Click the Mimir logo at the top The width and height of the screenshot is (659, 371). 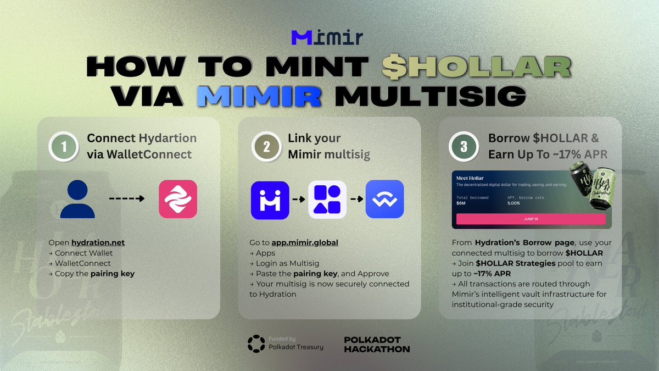(327, 37)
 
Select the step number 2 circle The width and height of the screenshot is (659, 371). (266, 147)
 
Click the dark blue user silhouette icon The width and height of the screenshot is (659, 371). (78, 199)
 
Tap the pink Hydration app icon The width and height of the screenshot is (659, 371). (177, 199)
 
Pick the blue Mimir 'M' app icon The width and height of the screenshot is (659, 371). (270, 200)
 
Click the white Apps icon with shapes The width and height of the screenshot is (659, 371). (327, 200)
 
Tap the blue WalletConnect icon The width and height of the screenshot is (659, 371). (384, 200)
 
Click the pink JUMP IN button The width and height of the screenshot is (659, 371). (530, 219)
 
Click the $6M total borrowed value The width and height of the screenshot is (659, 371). (461, 203)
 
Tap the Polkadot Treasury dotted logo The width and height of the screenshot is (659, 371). (256, 343)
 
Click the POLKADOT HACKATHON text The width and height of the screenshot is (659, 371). (376, 344)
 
